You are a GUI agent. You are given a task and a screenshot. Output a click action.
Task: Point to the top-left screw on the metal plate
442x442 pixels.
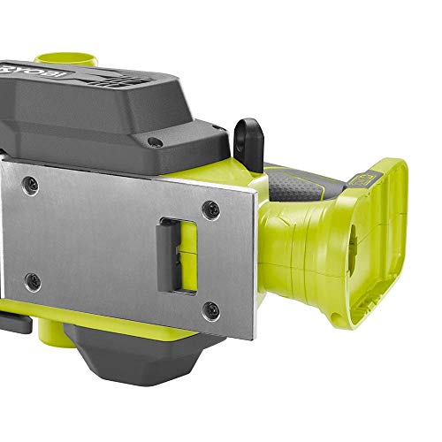32,182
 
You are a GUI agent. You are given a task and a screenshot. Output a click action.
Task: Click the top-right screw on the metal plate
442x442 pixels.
210,210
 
